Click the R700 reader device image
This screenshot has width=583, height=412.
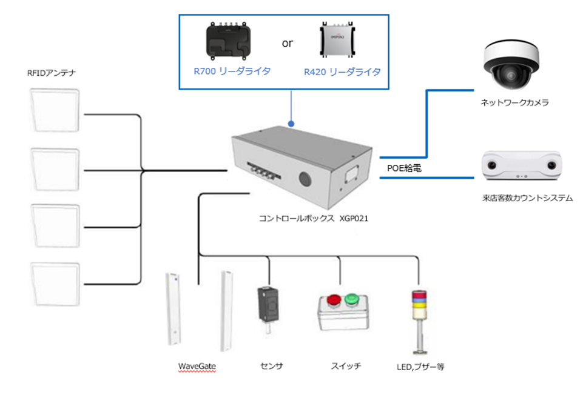pyautogui.click(x=232, y=43)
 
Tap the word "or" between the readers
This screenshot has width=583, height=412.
pyautogui.click(x=288, y=44)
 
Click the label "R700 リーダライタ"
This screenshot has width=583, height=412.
pyautogui.click(x=232, y=71)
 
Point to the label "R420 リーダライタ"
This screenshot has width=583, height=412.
pyautogui.click(x=342, y=71)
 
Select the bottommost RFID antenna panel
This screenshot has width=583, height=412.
pyautogui.click(x=55, y=284)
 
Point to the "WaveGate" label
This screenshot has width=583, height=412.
pyautogui.click(x=197, y=367)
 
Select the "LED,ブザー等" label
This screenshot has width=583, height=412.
pyautogui.click(x=420, y=367)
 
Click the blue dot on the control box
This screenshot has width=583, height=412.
pyautogui.click(x=291, y=124)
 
